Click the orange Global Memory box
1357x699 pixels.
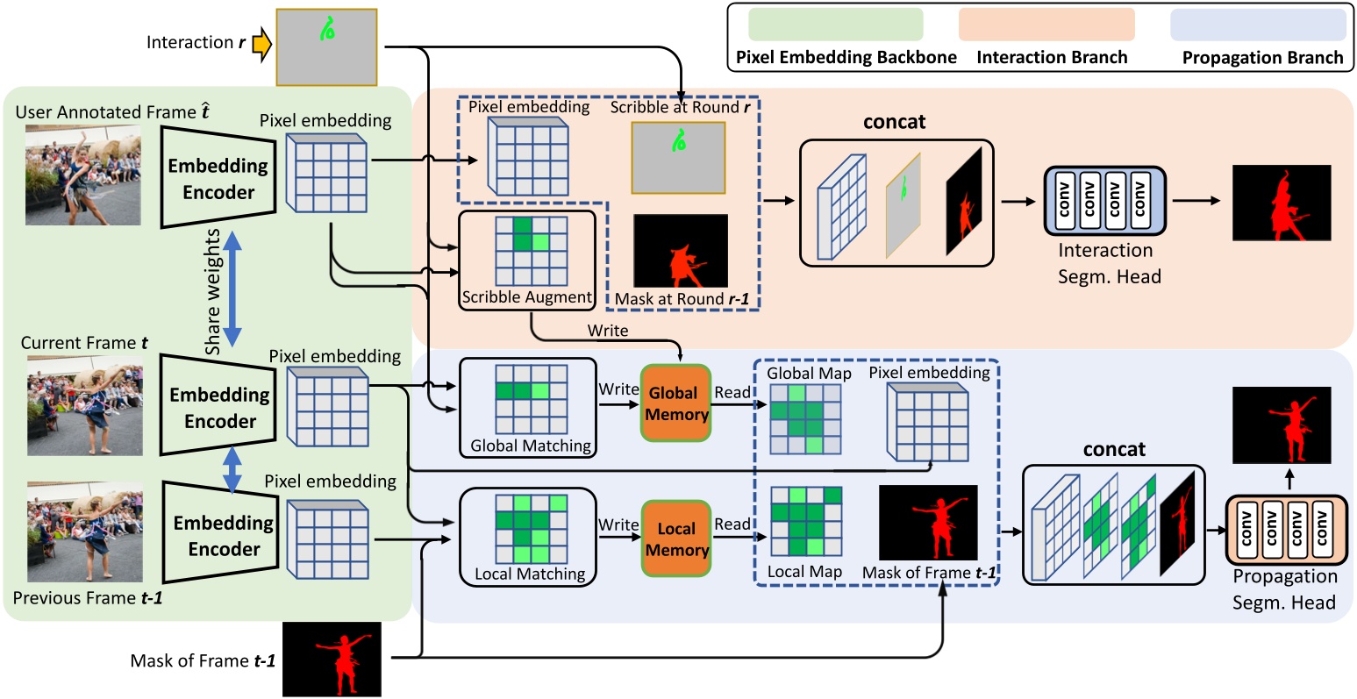pos(675,403)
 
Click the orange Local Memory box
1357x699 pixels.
pos(675,539)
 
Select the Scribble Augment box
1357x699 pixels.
pos(527,260)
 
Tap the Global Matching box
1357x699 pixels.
pos(528,408)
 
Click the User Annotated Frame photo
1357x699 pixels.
pos(83,175)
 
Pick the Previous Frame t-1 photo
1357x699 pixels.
pos(84,531)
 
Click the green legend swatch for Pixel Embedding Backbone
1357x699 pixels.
pos(835,25)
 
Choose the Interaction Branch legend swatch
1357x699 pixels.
pos(1046,25)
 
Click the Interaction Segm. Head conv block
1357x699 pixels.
pos(1103,201)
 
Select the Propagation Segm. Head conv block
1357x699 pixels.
pos(1284,530)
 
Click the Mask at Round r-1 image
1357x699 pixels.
pos(681,252)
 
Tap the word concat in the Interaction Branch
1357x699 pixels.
pos(894,122)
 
